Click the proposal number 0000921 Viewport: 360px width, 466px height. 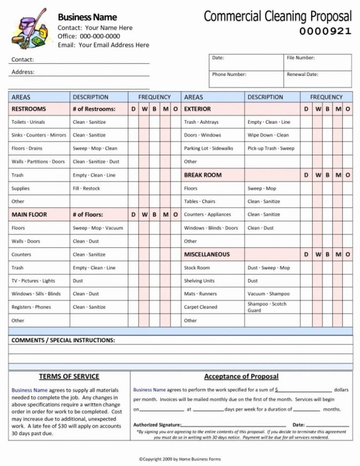pos(325,31)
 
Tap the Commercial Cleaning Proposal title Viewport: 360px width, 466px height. pos(277,16)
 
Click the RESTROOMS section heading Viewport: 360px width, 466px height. pos(29,109)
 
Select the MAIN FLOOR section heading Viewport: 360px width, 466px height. pos(29,215)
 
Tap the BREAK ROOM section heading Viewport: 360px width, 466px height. pos(202,175)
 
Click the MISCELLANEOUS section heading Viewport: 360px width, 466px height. pos(207,255)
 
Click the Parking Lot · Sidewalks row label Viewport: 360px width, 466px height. pos(208,148)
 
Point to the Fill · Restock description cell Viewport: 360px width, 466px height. pos(86,188)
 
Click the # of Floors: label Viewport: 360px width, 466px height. pos(88,215)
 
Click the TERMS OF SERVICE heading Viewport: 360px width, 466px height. pos(69,376)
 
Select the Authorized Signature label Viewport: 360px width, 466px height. pos(157,425)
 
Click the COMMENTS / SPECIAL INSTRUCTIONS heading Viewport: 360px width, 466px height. pos(63,340)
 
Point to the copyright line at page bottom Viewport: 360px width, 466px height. pos(180,459)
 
